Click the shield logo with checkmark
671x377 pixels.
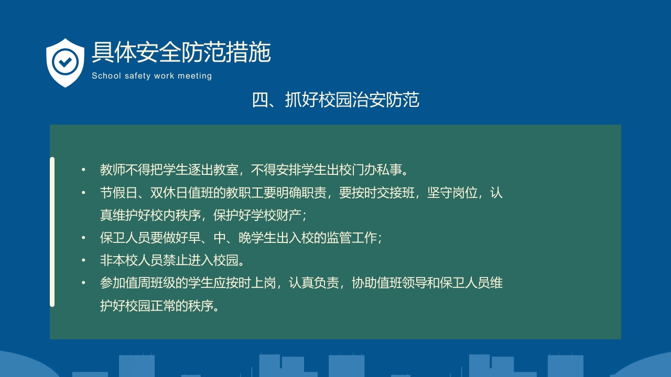[x=65, y=62]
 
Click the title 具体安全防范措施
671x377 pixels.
[x=181, y=52]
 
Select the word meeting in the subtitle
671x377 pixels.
[x=194, y=76]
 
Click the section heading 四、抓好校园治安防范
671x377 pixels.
[x=335, y=99]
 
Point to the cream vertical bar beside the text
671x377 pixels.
[x=52, y=231]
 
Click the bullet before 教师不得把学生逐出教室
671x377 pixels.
[x=83, y=170]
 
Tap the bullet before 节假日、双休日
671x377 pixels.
[x=83, y=193]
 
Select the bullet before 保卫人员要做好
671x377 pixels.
[x=83, y=238]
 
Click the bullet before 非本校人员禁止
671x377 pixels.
[x=83, y=260]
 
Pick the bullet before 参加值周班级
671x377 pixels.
[x=83, y=283]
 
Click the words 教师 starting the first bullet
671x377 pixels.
[x=108, y=170]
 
